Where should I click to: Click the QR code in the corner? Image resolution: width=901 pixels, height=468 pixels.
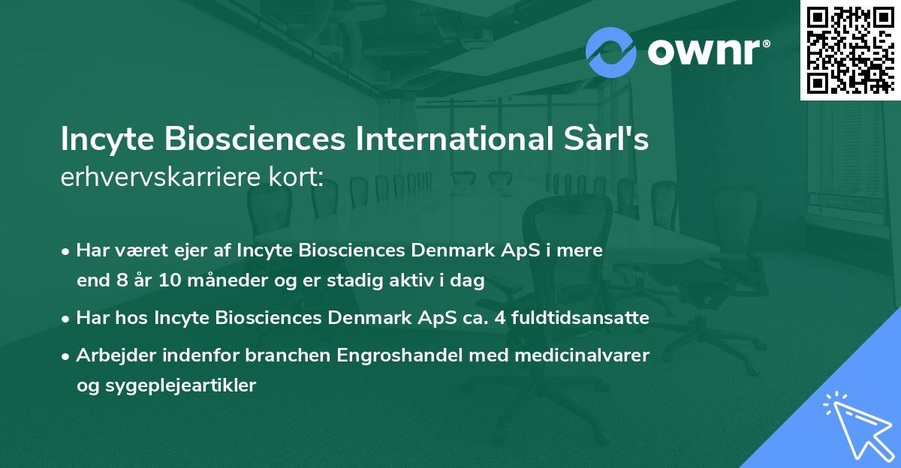point(850,49)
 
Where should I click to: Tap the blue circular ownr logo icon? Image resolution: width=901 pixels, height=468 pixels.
point(610,52)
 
